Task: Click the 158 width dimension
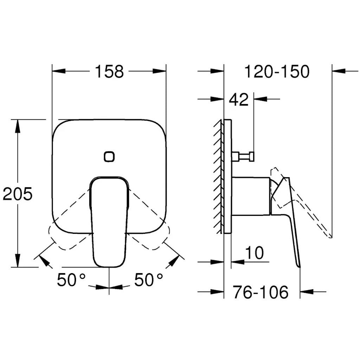click(x=109, y=71)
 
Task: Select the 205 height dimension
click(x=18, y=194)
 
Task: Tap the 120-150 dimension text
click(x=277, y=71)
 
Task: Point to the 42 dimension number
click(x=239, y=99)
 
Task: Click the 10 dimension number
click(x=255, y=252)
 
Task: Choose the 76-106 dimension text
click(x=261, y=292)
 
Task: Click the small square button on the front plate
click(x=109, y=156)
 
